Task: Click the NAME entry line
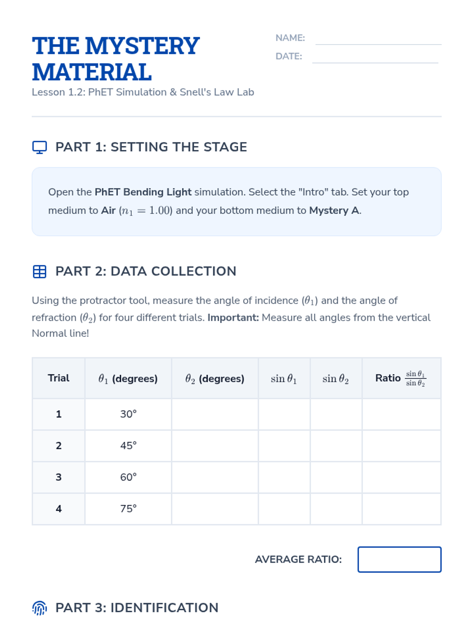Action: click(x=378, y=39)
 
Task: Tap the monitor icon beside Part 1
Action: click(x=39, y=147)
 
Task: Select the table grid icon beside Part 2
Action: click(x=39, y=271)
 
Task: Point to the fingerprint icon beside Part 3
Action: click(x=39, y=608)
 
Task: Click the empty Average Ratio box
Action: click(x=399, y=559)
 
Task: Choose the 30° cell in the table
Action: click(x=128, y=414)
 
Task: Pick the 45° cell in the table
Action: click(x=128, y=446)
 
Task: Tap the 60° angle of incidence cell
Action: click(x=128, y=477)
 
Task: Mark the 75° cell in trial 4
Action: click(x=128, y=509)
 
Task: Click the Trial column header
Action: click(x=58, y=378)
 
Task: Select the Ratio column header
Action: click(x=401, y=378)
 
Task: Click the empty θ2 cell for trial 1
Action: click(x=215, y=414)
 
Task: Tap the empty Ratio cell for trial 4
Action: click(x=401, y=509)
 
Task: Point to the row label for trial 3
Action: click(x=58, y=477)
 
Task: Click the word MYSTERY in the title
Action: click(x=142, y=46)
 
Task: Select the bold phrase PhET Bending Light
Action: click(x=143, y=192)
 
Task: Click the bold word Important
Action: click(x=233, y=317)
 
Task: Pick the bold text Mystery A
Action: click(x=335, y=211)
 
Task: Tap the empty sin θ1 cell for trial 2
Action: click(x=284, y=446)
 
